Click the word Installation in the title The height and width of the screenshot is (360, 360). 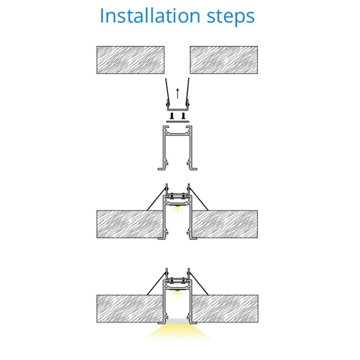[x=150, y=16]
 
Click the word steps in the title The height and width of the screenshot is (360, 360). [x=231, y=17]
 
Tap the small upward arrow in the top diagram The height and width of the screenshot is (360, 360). [x=177, y=93]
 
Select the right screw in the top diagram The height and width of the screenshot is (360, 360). [x=183, y=116]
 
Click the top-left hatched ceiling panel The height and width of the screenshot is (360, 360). [x=130, y=60]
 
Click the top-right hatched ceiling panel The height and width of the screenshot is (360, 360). [x=224, y=60]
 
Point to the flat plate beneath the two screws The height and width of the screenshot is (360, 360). [x=177, y=121]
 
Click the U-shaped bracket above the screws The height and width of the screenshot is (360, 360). [x=177, y=108]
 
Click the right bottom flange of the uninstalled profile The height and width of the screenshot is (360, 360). [x=193, y=169]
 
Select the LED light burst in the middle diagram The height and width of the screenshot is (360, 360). [x=177, y=209]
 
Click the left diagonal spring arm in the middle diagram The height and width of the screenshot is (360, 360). [x=156, y=199]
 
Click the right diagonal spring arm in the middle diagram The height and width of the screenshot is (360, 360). [x=199, y=199]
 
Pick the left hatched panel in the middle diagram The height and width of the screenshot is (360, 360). [x=130, y=224]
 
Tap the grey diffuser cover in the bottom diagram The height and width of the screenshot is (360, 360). [x=177, y=321]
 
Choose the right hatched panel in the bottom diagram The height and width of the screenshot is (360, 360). [x=225, y=309]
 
